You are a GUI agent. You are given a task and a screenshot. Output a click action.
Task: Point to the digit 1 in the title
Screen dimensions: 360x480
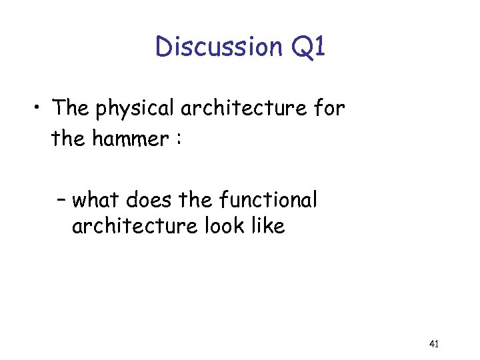coord(319,47)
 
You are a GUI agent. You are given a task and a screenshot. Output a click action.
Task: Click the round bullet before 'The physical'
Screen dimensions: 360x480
coord(41,107)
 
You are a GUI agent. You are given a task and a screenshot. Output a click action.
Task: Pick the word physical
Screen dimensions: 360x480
coord(135,108)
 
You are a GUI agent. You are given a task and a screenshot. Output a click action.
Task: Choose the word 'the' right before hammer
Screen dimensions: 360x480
coord(67,139)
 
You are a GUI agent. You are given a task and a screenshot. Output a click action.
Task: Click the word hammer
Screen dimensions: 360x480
coord(128,139)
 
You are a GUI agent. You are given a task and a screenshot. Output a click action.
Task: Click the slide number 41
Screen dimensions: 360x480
coord(433,344)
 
